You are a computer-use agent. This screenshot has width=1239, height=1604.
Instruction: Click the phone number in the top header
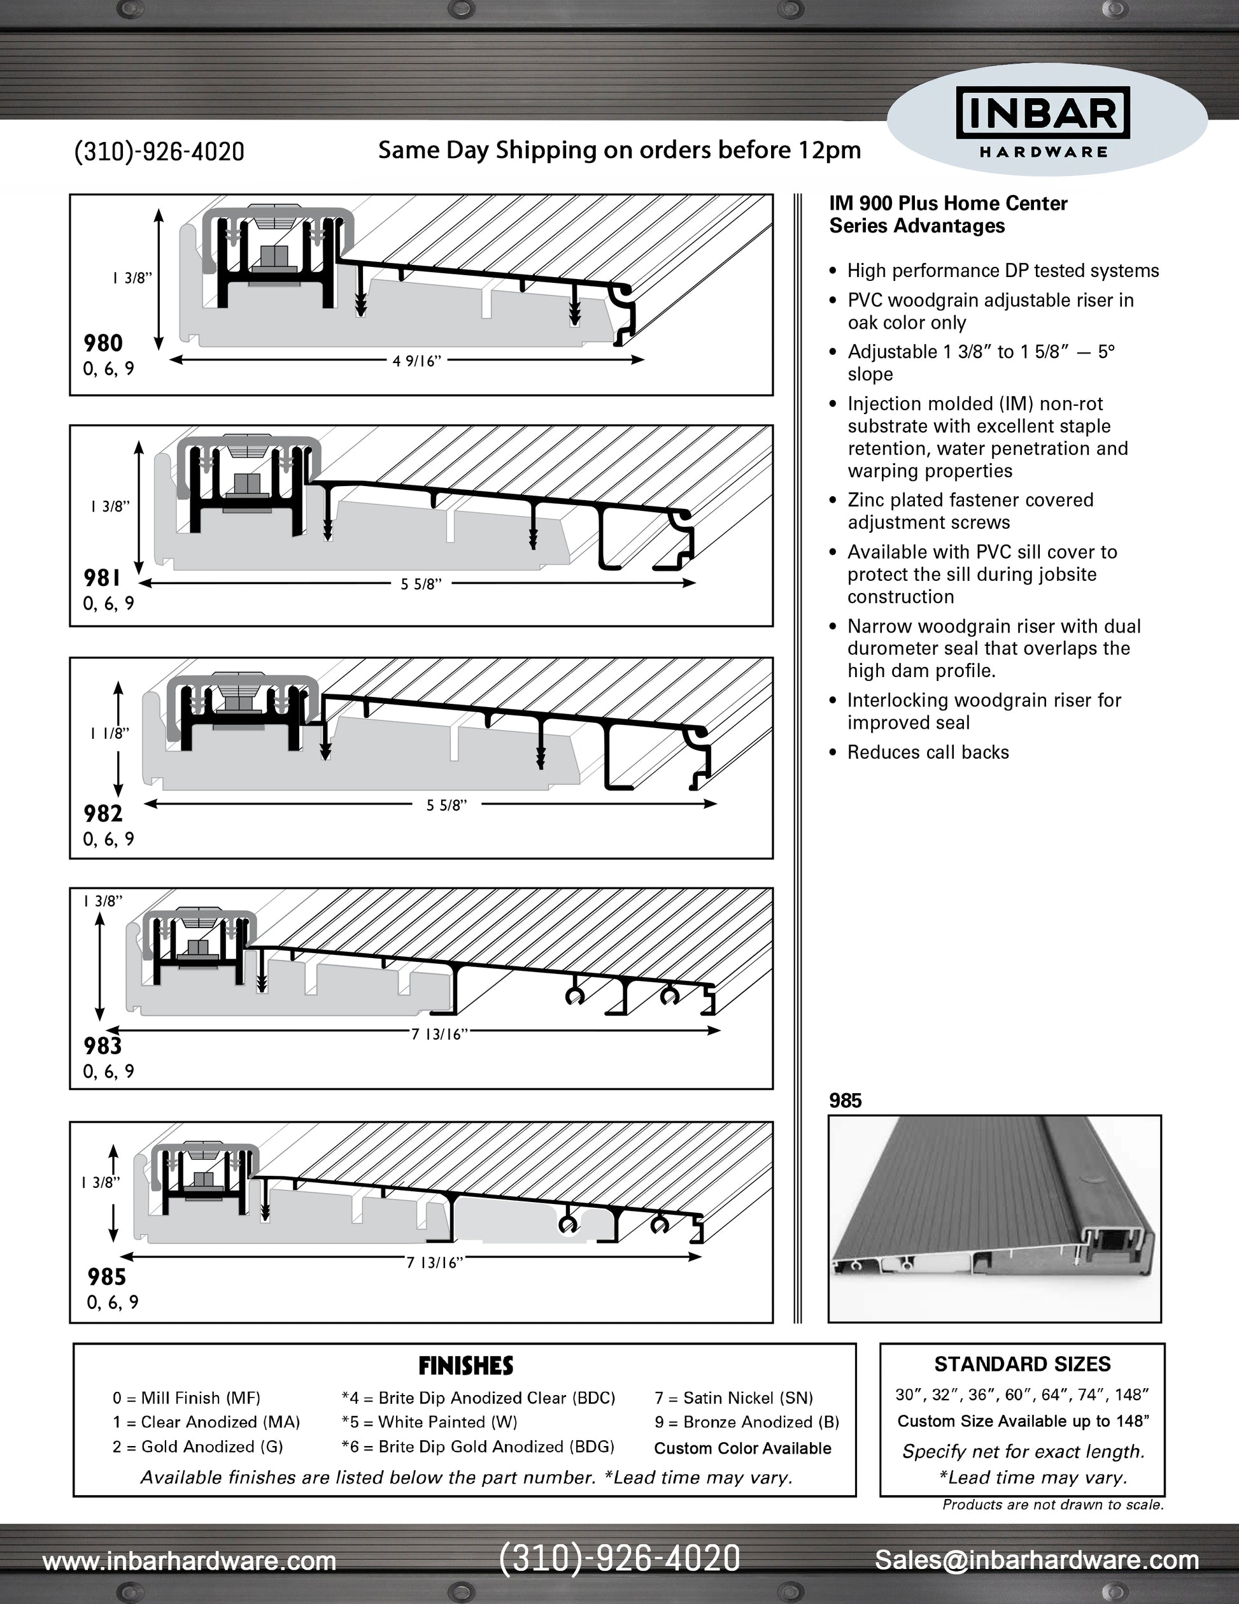click(x=159, y=152)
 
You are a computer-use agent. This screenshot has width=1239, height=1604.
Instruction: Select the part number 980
click(x=103, y=343)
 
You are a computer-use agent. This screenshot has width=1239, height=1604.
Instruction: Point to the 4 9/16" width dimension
click(x=416, y=361)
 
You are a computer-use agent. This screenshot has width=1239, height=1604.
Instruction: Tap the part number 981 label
click(x=102, y=578)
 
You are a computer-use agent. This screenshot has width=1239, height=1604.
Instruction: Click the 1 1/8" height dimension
click(x=110, y=733)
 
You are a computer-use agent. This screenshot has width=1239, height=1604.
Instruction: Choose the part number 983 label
click(x=103, y=1046)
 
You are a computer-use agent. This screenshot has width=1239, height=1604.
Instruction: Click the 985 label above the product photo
click(x=845, y=1100)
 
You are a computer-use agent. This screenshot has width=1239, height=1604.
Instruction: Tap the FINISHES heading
click(x=465, y=1366)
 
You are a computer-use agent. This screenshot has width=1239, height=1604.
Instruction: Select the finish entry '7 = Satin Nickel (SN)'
click(x=733, y=1398)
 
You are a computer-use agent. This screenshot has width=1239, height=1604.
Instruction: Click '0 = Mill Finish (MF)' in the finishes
click(x=187, y=1398)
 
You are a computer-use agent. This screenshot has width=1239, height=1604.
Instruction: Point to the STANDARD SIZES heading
click(x=1022, y=1364)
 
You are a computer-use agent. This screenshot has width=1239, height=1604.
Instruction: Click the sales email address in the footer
click(x=1037, y=1559)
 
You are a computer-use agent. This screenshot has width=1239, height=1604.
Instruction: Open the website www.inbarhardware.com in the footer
click(x=189, y=1561)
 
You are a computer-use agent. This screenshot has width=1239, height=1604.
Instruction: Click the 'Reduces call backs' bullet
click(x=928, y=752)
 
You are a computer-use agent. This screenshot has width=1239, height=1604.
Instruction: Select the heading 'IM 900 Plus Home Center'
click(x=948, y=203)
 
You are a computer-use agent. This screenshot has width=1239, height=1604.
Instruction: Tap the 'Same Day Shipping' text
click(x=619, y=150)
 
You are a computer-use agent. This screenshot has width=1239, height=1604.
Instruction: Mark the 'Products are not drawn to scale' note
click(x=1052, y=1505)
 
